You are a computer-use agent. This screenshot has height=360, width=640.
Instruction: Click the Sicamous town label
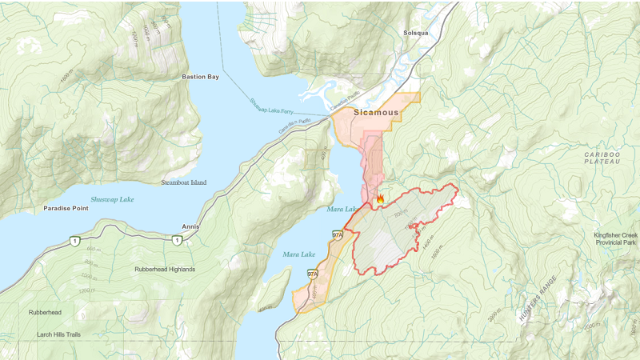(376, 113)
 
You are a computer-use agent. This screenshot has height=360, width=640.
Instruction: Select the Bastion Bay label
(200, 77)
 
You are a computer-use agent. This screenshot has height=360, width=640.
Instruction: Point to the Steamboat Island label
(183, 182)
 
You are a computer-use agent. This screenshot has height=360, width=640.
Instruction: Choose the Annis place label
(190, 226)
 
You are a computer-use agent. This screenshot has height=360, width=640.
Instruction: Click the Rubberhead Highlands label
(165, 269)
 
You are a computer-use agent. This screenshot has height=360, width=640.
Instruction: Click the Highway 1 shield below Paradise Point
(76, 240)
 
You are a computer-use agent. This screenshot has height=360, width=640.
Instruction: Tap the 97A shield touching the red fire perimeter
(338, 234)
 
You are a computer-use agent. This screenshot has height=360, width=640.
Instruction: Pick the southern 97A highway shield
(314, 274)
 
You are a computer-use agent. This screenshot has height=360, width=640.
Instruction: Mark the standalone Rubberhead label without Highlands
(39, 312)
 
